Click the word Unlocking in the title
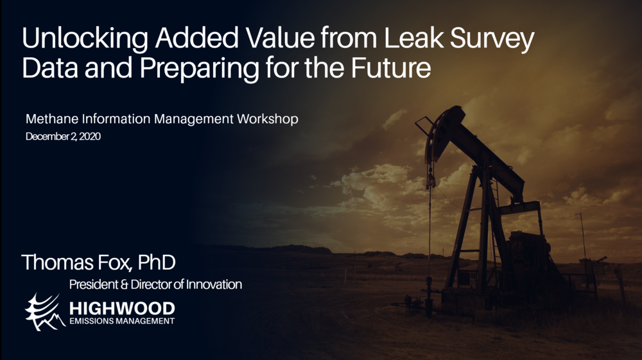(85, 39)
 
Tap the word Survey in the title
(492, 39)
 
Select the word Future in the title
(390, 68)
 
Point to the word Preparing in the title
(200, 69)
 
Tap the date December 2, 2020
(63, 137)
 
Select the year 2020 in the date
(90, 137)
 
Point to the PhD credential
(157, 262)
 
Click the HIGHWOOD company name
(122, 308)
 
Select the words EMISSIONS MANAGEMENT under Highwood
(122, 321)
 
